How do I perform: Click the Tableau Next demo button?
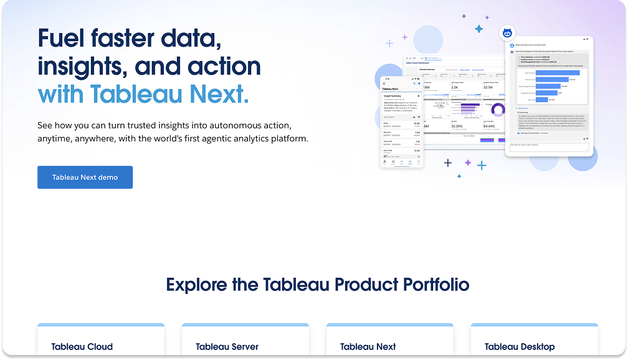coord(85,178)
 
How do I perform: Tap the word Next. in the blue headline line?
coord(218,95)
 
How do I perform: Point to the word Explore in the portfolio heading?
coord(196,285)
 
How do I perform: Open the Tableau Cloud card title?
coord(82,347)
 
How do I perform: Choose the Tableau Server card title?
coord(227,347)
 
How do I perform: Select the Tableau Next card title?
coord(368,347)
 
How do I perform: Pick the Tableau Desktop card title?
coord(520,347)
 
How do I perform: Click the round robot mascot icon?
coord(507,34)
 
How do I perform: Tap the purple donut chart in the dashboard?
coord(498,110)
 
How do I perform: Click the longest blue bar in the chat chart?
coord(558,72)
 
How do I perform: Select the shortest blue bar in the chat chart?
coord(541,100)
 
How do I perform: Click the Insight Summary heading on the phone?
coord(392,95)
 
